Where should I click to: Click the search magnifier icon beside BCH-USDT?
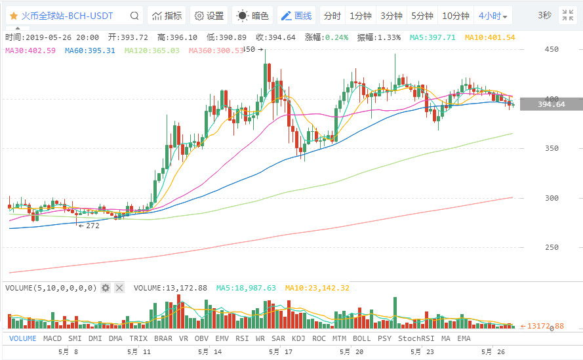[134, 16]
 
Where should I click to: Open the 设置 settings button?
[209, 16]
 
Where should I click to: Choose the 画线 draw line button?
[296, 16]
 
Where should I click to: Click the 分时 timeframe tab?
[332, 16]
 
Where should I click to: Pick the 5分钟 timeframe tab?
[422, 16]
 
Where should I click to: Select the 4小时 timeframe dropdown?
[493, 16]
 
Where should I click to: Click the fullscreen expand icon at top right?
[567, 16]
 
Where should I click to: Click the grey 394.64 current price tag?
[551, 104]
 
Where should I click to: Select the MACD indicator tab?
[52, 338]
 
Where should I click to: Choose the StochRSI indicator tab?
[416, 338]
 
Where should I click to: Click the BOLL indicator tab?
[361, 338]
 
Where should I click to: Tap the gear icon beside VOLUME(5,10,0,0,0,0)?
[106, 288]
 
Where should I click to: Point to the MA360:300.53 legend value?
[215, 50]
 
